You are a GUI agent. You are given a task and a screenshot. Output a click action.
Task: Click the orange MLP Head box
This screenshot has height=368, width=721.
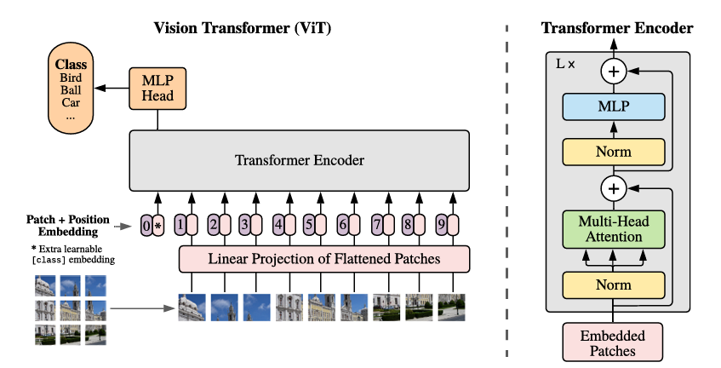tap(157, 89)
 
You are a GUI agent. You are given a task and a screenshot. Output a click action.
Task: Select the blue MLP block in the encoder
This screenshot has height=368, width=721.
tap(614, 106)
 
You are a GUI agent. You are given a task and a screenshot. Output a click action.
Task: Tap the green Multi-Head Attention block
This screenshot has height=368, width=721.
tap(614, 229)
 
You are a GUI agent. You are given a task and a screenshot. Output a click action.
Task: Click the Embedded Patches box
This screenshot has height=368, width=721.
tap(613, 342)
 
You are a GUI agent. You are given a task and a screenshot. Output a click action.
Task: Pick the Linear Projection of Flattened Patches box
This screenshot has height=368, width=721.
tap(324, 259)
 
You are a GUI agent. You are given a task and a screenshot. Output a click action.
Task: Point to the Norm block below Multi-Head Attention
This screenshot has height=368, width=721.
tap(614, 285)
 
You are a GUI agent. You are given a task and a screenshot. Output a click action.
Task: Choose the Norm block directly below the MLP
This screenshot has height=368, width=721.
tap(614, 152)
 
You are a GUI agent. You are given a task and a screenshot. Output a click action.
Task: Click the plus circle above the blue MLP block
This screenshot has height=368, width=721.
tap(614, 72)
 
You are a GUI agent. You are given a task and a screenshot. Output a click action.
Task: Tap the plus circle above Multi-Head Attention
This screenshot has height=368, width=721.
tap(614, 188)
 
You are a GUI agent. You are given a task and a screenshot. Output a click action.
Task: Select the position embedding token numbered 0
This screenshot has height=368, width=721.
tap(146, 226)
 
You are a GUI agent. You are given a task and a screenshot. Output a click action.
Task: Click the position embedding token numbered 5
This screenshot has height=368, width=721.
tap(309, 225)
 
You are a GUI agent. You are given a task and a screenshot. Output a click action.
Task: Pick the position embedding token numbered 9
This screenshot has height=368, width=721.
tap(442, 225)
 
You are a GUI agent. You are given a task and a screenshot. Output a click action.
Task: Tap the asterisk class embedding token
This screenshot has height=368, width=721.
tap(158, 226)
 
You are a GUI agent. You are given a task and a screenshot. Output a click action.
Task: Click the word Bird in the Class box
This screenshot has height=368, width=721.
tap(71, 78)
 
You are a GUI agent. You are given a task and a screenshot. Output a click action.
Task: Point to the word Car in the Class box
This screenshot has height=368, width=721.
tap(71, 102)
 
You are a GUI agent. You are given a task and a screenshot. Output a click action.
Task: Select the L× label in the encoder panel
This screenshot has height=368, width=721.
tap(565, 64)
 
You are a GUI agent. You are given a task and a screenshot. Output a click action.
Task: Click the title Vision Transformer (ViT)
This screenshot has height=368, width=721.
tap(243, 27)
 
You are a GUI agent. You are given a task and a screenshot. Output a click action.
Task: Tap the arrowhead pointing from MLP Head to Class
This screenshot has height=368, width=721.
tap(99, 89)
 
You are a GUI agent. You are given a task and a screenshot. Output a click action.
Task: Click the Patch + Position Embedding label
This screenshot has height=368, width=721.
tap(68, 225)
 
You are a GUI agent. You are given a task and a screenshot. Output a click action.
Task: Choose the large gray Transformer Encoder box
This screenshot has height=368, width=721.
tap(300, 160)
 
